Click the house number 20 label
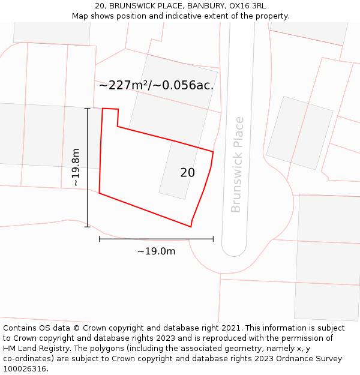pos(187,173)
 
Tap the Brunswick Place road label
pos(238,164)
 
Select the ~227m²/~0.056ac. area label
pos(156,85)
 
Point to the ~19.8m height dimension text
pos(76,167)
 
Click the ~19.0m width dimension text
pos(156,251)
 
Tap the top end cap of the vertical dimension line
pos(88,109)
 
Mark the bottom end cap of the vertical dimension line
pos(88,227)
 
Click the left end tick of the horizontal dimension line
pos(100,239)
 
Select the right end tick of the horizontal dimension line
pos(213,239)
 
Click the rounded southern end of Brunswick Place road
pos(238,249)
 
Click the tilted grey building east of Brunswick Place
pos(299,133)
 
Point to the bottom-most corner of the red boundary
pos(191,227)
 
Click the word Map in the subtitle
pos(80,16)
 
